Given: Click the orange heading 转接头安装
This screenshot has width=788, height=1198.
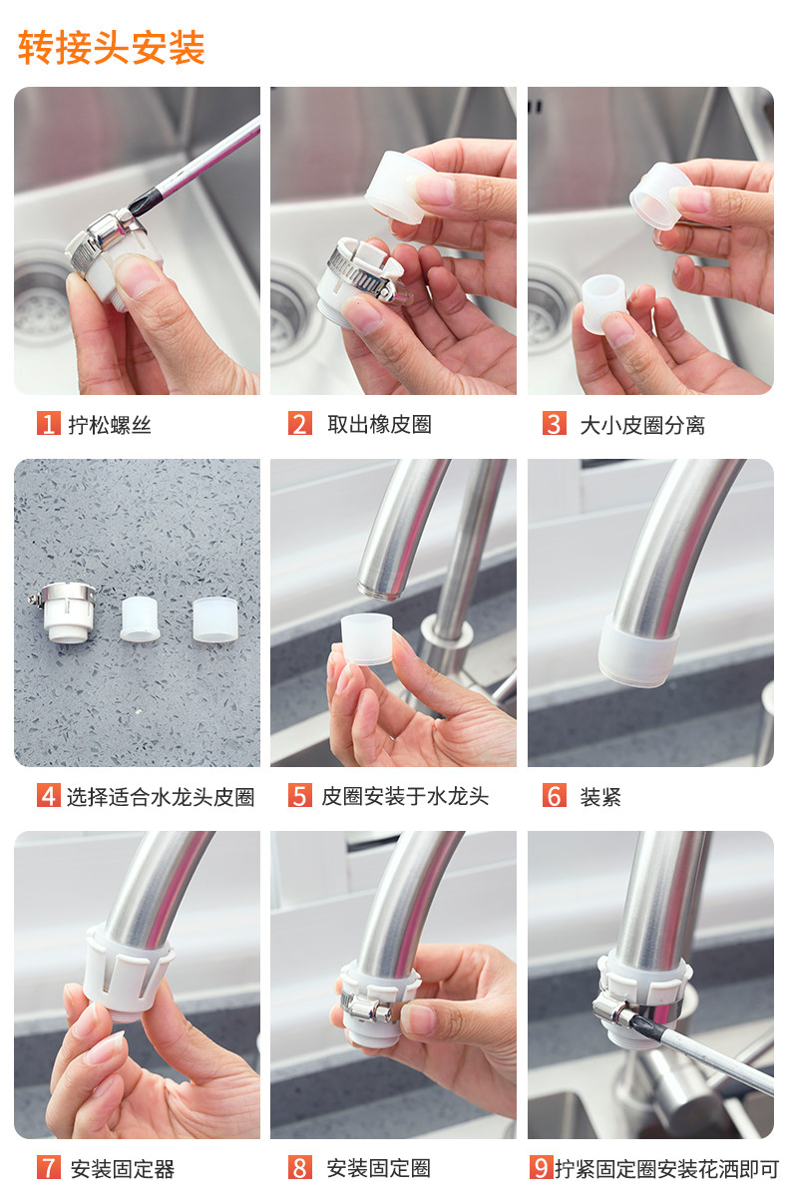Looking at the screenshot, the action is coord(112,48).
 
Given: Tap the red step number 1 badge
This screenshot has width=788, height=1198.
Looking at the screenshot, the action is coord(48,423).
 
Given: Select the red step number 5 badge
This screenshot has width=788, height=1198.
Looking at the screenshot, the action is coord(299,795).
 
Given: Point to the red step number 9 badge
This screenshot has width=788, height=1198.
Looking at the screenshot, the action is coord(541,1168).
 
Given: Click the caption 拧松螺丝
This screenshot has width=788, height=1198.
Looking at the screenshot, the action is coord(110,425).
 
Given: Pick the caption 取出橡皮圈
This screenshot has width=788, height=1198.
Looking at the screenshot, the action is coord(379,424).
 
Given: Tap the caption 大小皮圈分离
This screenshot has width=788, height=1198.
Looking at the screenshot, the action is coord(642,425).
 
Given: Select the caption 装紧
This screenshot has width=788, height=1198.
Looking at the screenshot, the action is coord(600,797).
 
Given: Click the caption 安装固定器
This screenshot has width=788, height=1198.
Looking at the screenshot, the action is coord(123,1169).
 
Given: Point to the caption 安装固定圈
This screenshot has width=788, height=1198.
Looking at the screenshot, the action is coord(379,1169).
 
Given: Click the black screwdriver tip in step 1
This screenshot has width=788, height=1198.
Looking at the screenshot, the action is coord(142,203).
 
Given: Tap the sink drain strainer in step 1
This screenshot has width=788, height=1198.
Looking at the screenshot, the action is coord(39,305).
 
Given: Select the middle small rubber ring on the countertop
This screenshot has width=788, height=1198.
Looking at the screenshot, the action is coord(140,618).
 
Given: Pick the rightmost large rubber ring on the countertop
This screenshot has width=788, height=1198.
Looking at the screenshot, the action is coord(215,619).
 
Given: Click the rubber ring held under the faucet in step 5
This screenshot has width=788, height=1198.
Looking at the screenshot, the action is coord(367,639).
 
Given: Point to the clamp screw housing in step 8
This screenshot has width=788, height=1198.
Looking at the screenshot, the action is coord(366,1008).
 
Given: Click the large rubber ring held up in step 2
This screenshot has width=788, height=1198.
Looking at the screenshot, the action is coord(399,188).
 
